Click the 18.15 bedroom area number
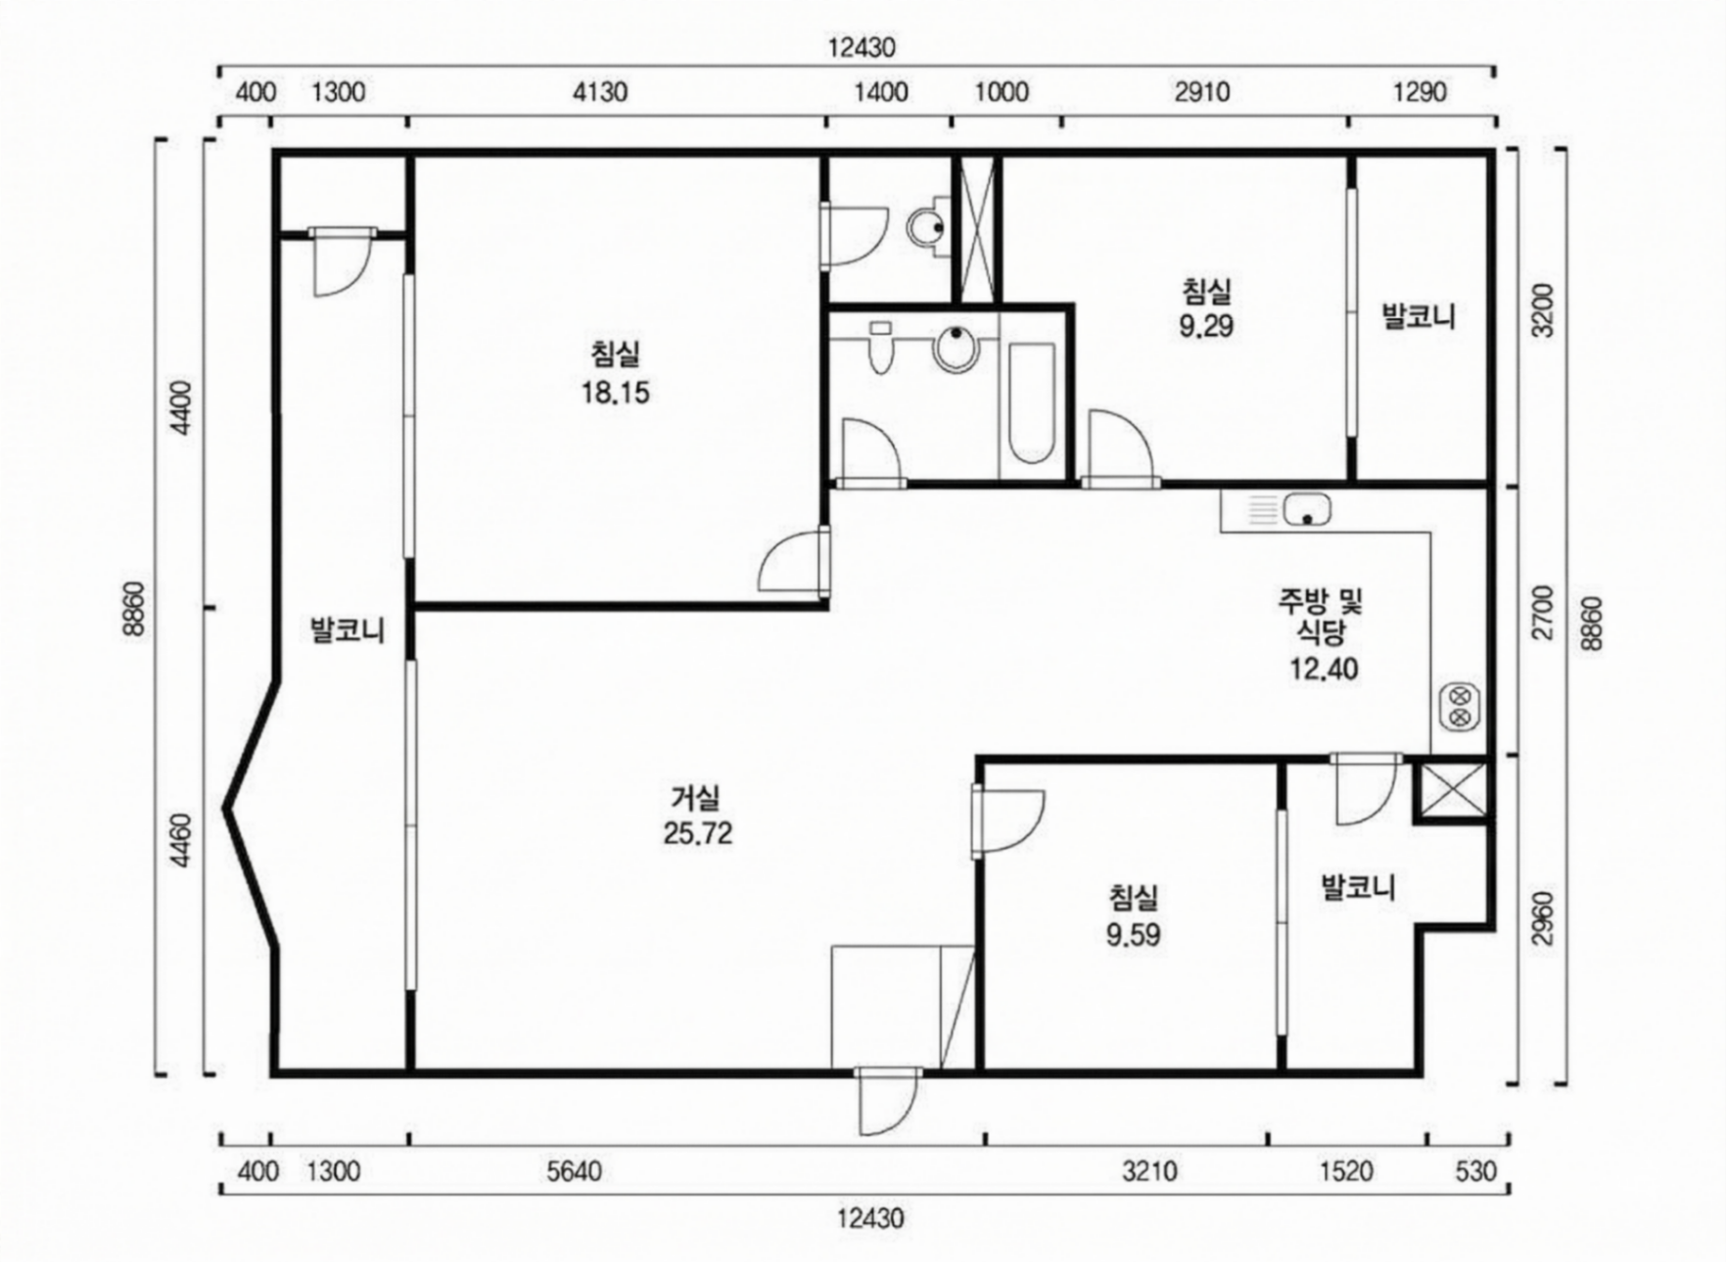click(x=615, y=394)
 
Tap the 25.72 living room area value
click(x=697, y=834)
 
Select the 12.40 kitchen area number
click(x=1324, y=670)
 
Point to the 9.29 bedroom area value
click(x=1205, y=326)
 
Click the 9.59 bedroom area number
click(x=1134, y=935)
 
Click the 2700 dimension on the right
click(x=1543, y=613)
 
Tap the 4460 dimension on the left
click(x=180, y=840)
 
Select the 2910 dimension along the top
click(x=1202, y=93)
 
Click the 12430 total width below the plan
click(x=870, y=1219)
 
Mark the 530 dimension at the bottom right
click(x=1476, y=1171)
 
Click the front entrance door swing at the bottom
click(x=888, y=1103)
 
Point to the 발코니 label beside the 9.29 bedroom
click(x=1419, y=317)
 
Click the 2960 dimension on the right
click(x=1543, y=917)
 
